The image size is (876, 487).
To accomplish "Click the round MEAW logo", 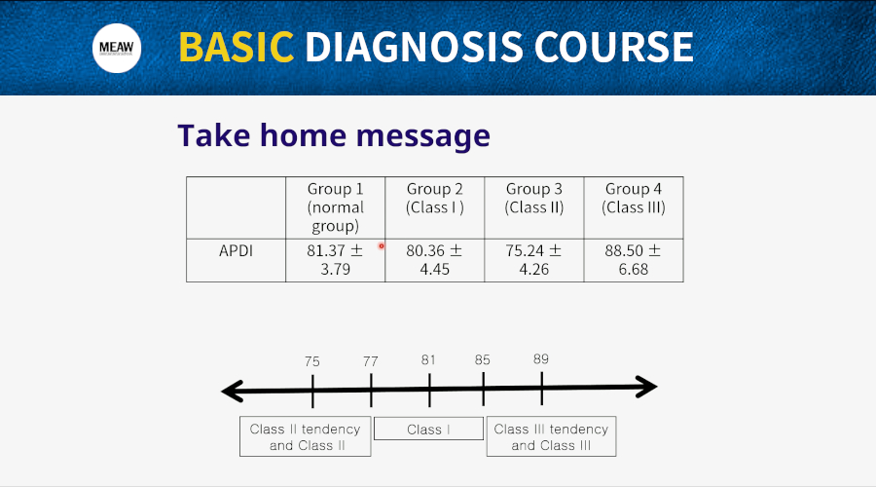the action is coord(117,48).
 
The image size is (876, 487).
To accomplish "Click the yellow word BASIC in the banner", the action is coord(237,47).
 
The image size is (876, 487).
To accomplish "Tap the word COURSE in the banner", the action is coord(614,47).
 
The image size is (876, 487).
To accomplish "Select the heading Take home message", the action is coord(334,135).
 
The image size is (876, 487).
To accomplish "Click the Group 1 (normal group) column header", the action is coord(335,208).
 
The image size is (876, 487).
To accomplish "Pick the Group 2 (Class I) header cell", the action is coord(435,208).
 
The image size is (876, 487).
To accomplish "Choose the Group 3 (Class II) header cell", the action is coord(534,208).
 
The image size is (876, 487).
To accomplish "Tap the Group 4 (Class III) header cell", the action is coord(634,208).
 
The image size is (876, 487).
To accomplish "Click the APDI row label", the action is coord(236,251).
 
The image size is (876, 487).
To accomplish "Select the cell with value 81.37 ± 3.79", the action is coord(335,261).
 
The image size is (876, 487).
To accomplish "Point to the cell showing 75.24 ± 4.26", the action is coord(534,261).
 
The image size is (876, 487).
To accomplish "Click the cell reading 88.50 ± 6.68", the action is coord(634,261).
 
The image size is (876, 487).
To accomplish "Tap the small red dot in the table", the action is coord(382,246).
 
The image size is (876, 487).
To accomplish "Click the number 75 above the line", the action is coord(312,361).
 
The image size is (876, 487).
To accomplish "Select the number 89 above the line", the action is coord(541,359).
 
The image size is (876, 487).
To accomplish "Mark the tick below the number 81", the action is coord(429,390).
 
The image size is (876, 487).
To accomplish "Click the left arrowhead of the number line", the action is coord(232,391).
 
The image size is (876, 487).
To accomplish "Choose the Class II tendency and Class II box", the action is coord(305,436).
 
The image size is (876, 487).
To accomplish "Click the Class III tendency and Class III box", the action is coord(552,436).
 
